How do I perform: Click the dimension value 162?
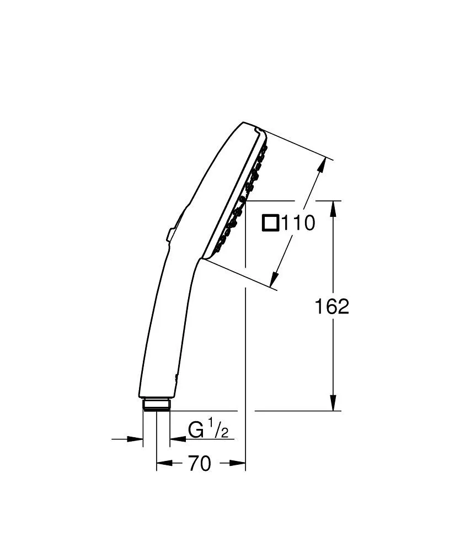click(332, 306)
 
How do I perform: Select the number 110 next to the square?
click(298, 223)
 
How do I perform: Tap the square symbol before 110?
click(270, 223)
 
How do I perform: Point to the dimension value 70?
click(200, 464)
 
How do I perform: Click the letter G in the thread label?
click(196, 429)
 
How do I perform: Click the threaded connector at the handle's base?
click(156, 405)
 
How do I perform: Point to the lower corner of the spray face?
click(204, 258)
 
